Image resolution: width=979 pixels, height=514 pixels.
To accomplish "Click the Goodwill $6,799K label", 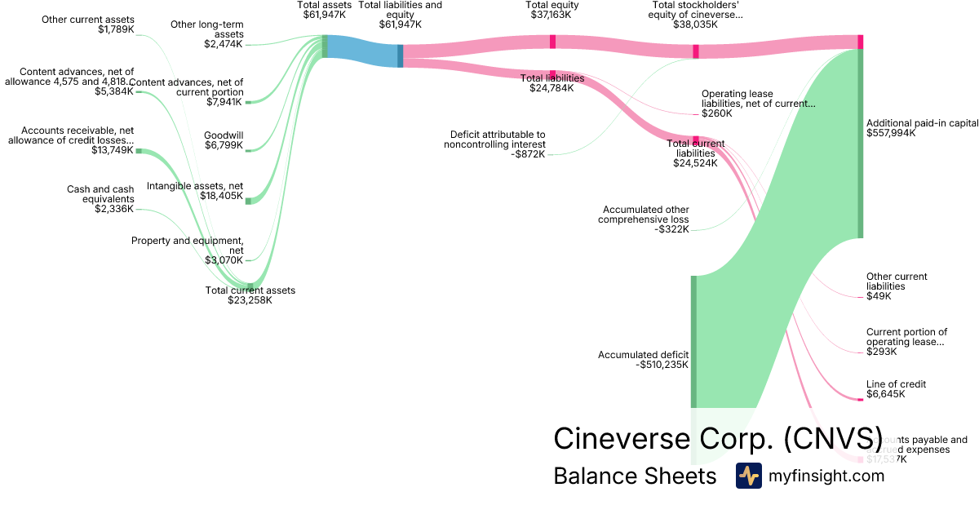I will coord(223,140).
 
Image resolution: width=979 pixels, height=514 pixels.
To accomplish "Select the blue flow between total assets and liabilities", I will coord(361,51).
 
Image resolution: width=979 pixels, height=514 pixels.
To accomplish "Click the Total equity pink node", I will coord(552,42).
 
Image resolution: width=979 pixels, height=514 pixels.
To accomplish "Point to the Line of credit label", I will coord(896,389).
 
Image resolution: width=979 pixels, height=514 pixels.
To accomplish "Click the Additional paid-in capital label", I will coord(921,128).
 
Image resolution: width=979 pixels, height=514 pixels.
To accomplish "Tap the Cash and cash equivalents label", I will coord(100,199).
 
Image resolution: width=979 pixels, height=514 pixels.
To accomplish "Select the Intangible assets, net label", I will coord(195,191).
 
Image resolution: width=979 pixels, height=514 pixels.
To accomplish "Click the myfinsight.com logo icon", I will coord(748,476).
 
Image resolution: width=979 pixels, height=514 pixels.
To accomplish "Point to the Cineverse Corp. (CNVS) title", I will coord(718,438).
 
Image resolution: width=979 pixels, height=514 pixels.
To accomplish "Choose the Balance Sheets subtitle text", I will coord(635,476).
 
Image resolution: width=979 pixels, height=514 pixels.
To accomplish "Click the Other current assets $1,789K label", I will coord(89,24).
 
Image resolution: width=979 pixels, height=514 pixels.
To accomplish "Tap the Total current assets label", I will coord(250,295).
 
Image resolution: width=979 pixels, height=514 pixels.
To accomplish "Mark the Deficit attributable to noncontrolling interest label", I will coord(498,144).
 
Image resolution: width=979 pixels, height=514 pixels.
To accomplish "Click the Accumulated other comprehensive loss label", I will coord(644,219).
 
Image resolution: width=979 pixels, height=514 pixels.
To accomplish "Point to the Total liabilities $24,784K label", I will coord(552,83).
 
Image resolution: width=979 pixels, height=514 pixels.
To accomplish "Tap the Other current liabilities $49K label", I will coord(897,286).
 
